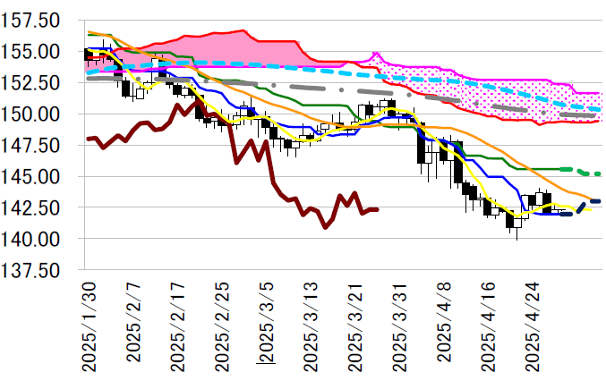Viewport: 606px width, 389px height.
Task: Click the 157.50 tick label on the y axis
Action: tap(31, 21)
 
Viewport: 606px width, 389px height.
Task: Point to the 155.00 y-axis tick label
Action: tap(31, 52)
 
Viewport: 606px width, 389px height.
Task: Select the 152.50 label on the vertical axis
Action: tap(31, 83)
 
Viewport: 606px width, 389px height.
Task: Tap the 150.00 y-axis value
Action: tap(31, 114)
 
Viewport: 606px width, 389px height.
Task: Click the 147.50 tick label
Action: tap(31, 146)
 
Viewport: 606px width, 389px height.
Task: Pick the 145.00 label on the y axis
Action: tap(31, 177)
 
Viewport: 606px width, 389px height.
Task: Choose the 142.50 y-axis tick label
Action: tap(31, 207)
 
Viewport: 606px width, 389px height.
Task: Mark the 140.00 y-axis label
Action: tap(31, 239)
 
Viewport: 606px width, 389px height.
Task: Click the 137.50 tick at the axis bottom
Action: tap(31, 270)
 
